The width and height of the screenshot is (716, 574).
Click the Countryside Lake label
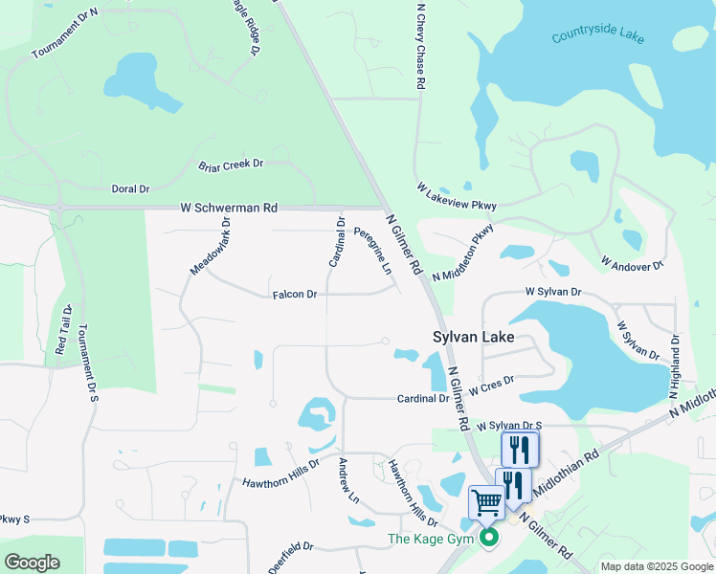pyautogui.click(x=598, y=35)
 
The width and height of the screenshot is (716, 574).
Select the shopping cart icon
pyautogui.click(x=486, y=501)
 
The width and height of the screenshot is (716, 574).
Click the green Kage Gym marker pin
pyautogui.click(x=489, y=538)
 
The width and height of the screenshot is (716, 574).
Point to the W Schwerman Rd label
pyautogui.click(x=229, y=208)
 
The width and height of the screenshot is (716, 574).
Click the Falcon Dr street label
pyautogui.click(x=294, y=295)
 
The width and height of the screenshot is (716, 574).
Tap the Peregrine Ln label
pyautogui.click(x=373, y=251)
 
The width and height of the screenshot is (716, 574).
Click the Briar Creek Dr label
pyautogui.click(x=230, y=166)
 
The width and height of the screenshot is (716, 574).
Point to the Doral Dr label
pyautogui.click(x=131, y=189)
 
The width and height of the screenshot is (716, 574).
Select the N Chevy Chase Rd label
pyautogui.click(x=419, y=46)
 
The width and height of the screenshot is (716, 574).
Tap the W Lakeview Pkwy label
pyautogui.click(x=458, y=202)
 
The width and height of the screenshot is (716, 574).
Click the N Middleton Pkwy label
pyautogui.click(x=463, y=253)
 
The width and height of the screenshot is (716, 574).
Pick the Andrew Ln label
pyautogui.click(x=347, y=481)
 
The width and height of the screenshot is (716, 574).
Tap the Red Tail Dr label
pyautogui.click(x=63, y=330)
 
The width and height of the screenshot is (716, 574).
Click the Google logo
pyautogui.click(x=33, y=563)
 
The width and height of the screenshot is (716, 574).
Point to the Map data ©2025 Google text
pyautogui.click(x=655, y=566)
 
